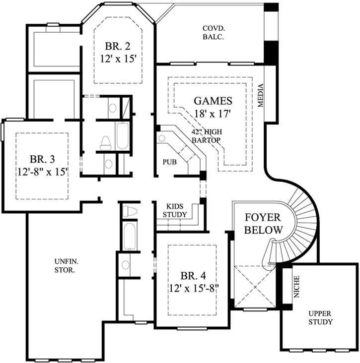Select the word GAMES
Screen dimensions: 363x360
pos(213,101)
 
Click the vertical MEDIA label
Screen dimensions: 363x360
pos(261,95)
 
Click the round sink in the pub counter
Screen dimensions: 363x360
pos(161,138)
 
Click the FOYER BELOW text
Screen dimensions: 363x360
pos(263,224)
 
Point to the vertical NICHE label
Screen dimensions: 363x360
pos(296,287)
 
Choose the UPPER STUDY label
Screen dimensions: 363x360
pos(320,318)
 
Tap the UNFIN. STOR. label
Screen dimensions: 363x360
pos(65,266)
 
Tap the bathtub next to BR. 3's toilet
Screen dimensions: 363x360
pos(122,134)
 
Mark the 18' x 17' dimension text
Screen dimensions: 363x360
pos(213,114)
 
